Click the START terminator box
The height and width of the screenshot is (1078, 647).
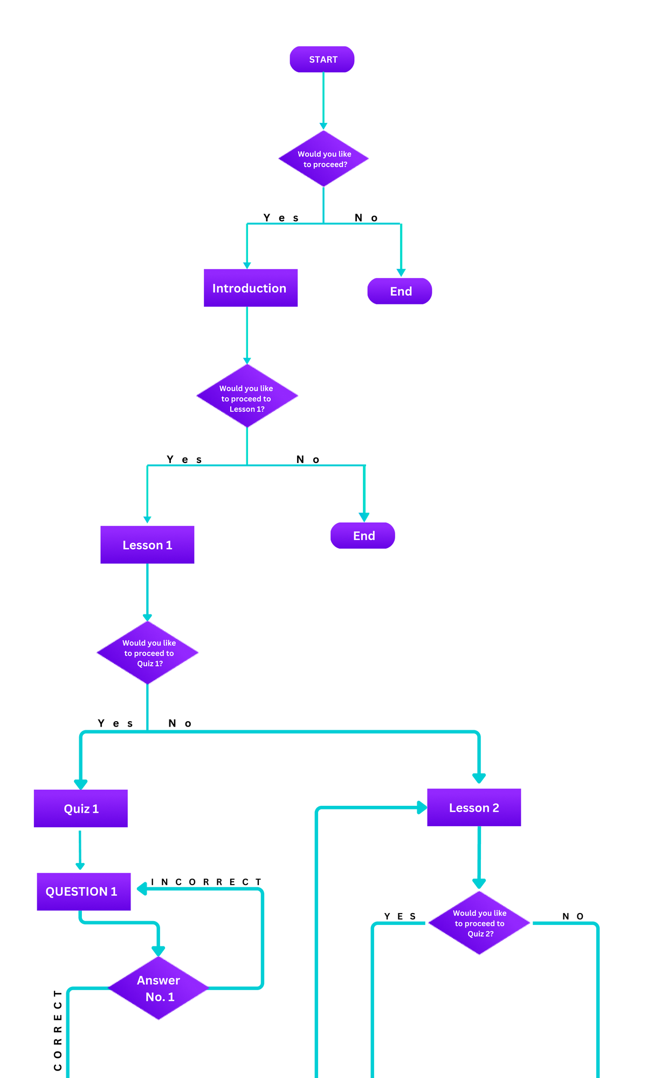pyautogui.click(x=322, y=59)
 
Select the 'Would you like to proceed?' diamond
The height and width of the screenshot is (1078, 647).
pyautogui.click(x=323, y=158)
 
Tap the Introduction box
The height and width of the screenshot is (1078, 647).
pyautogui.click(x=250, y=288)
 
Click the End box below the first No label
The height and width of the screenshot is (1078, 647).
pyautogui.click(x=400, y=291)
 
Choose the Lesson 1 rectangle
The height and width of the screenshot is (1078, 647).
pyautogui.click(x=147, y=545)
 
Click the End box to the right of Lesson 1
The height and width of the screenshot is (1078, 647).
pyautogui.click(x=362, y=536)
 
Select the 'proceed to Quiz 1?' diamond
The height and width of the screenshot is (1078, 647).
pyautogui.click(x=148, y=653)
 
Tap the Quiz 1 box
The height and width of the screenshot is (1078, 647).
pyautogui.click(x=81, y=808)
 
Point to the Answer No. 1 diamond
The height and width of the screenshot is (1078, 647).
pyautogui.click(x=159, y=988)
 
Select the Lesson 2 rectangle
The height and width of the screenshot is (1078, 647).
pyautogui.click(x=474, y=807)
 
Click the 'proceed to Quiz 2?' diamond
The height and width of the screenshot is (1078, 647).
pyautogui.click(x=479, y=923)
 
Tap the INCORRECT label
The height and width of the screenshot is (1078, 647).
pyautogui.click(x=206, y=882)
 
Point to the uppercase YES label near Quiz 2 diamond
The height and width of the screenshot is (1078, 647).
pyautogui.click(x=400, y=916)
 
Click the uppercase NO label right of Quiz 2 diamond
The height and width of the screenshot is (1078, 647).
pyautogui.click(x=573, y=916)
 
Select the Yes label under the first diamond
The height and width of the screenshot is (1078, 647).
pyautogui.click(x=281, y=218)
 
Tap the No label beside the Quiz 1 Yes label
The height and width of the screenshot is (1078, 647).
pyautogui.click(x=180, y=723)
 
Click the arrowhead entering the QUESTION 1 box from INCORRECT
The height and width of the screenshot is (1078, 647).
pyautogui.click(x=142, y=888)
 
